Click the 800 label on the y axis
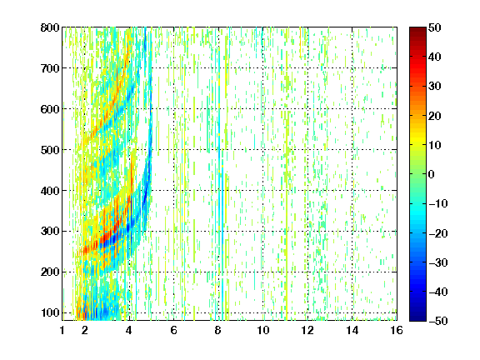50,27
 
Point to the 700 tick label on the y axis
50,68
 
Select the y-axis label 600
50,109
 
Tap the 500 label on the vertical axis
50,150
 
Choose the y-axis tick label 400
50,191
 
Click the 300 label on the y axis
50,232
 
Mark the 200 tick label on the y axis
50,272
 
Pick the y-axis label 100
50,312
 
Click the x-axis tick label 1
62,330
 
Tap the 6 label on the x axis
174,330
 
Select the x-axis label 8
218,330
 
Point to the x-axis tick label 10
262,330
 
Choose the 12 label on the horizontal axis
307,330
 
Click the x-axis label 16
397,330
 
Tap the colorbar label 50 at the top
435,27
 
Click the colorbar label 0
432,174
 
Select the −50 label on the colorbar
438,321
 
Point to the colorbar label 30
435,87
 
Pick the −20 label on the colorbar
438,233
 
